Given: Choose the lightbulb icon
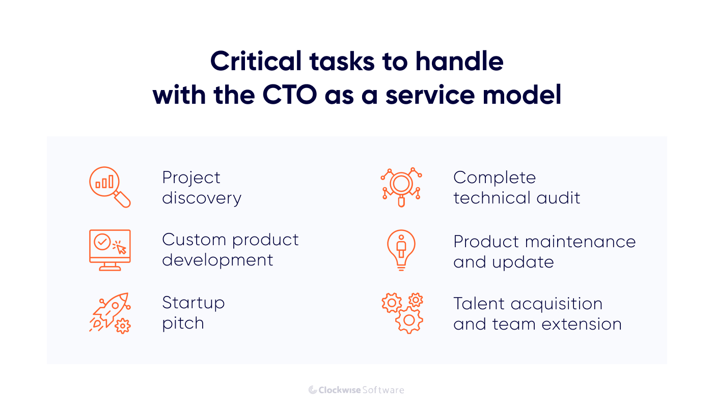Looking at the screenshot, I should coord(401,250).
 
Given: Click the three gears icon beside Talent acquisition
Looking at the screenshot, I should coord(402,313).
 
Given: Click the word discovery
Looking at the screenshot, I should coord(202,198).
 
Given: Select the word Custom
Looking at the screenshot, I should coord(194,240).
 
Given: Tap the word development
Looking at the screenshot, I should coord(217,260).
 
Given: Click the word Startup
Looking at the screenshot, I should coord(193,303).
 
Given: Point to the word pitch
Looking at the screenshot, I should coord(183,323).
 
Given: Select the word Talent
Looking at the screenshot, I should coord(479,304).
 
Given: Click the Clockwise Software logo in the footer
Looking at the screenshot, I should coord(356,390).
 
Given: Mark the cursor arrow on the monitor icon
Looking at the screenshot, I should coord(120,248).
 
